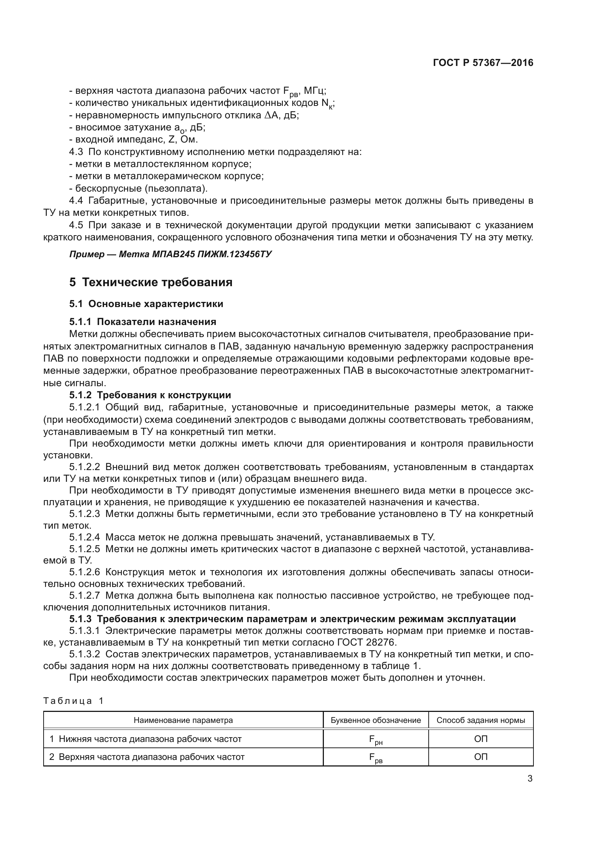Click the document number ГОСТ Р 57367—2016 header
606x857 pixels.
(483, 63)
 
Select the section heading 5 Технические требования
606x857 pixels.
(151, 282)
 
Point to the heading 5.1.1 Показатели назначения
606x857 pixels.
(143, 322)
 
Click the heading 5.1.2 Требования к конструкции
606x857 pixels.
(150, 395)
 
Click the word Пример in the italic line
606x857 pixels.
(87, 255)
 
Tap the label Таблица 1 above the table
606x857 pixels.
(73, 701)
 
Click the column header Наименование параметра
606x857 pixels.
(183, 720)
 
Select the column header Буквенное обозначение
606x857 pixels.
(376, 720)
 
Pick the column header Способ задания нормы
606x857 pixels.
(481, 720)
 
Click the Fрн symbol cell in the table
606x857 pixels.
(376, 739)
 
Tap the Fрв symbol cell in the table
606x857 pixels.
(376, 757)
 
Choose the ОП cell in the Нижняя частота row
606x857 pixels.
(481, 739)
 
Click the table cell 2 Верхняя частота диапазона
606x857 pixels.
(147, 757)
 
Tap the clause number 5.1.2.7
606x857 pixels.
(84, 595)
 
